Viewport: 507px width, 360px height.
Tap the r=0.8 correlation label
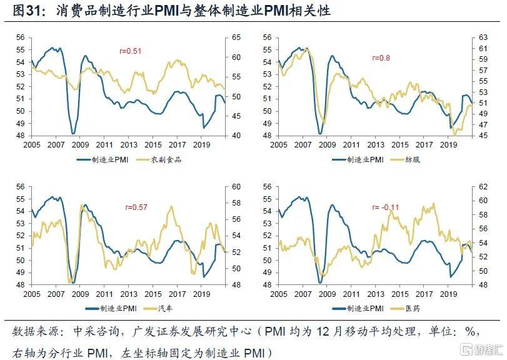(x=381, y=58)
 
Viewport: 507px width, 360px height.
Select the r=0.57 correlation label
(x=136, y=207)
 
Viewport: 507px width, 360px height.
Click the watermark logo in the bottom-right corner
(x=478, y=347)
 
